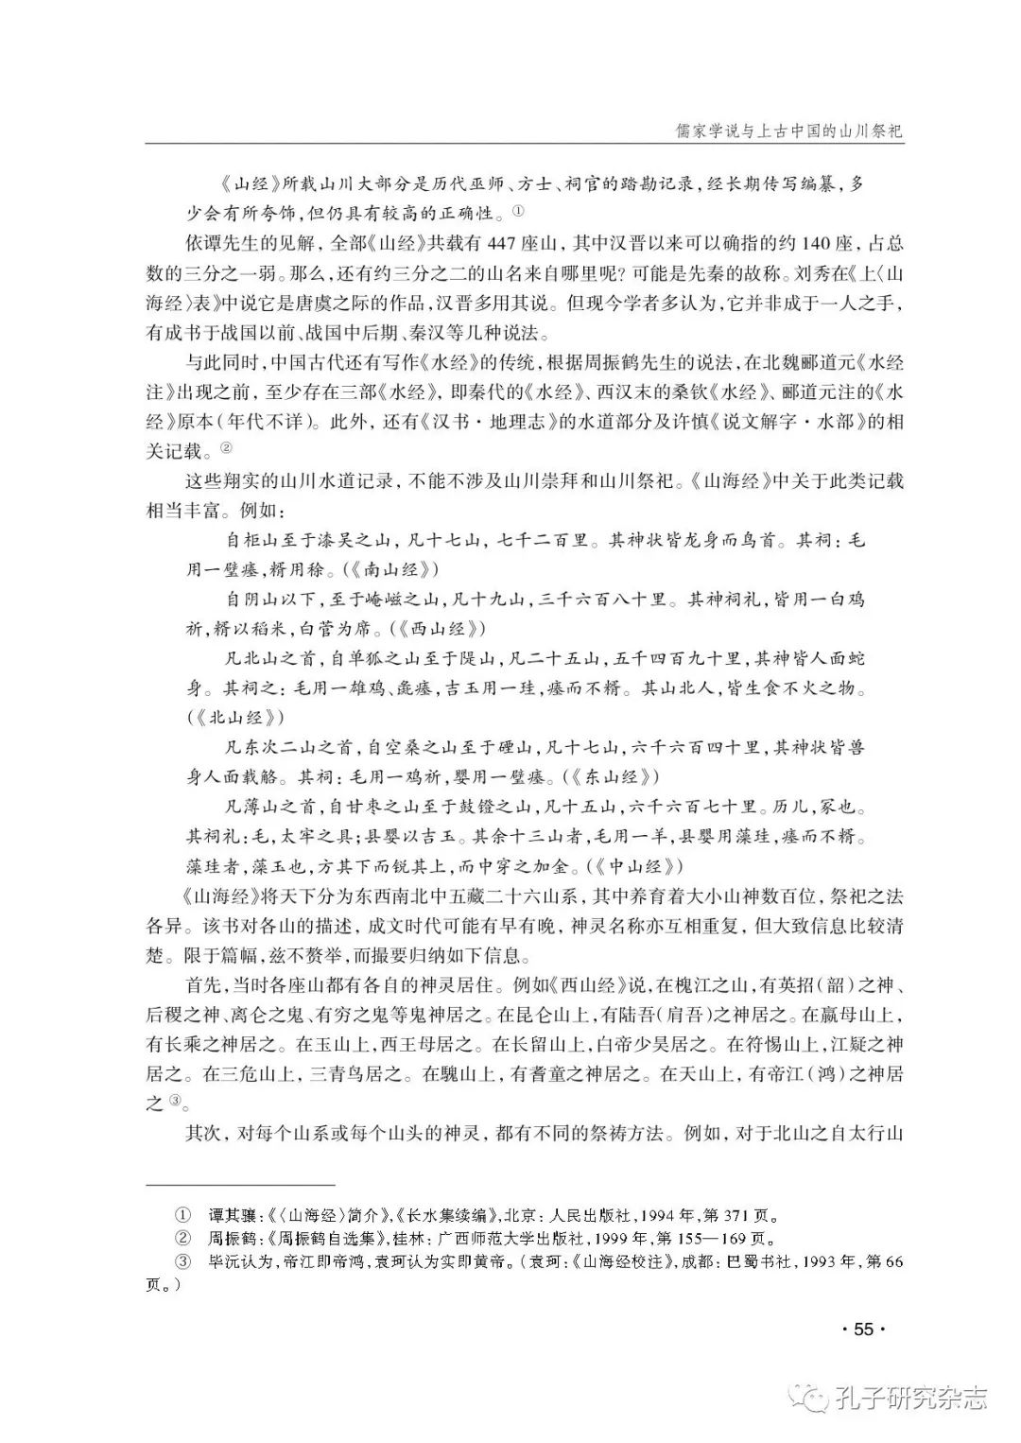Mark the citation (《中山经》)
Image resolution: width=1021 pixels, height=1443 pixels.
pos(631,865)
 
